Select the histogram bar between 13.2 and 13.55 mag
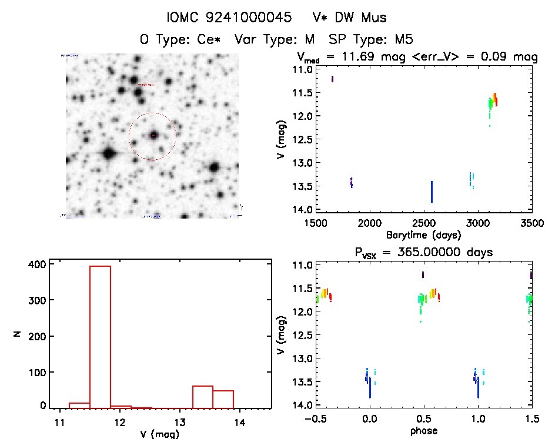coord(202,397)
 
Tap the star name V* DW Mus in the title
coord(350,18)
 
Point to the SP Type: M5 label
coord(372,40)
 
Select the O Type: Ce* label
coord(182,40)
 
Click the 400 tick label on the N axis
coord(37,264)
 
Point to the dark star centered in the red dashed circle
coord(153,135)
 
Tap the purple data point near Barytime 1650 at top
coord(332,79)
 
